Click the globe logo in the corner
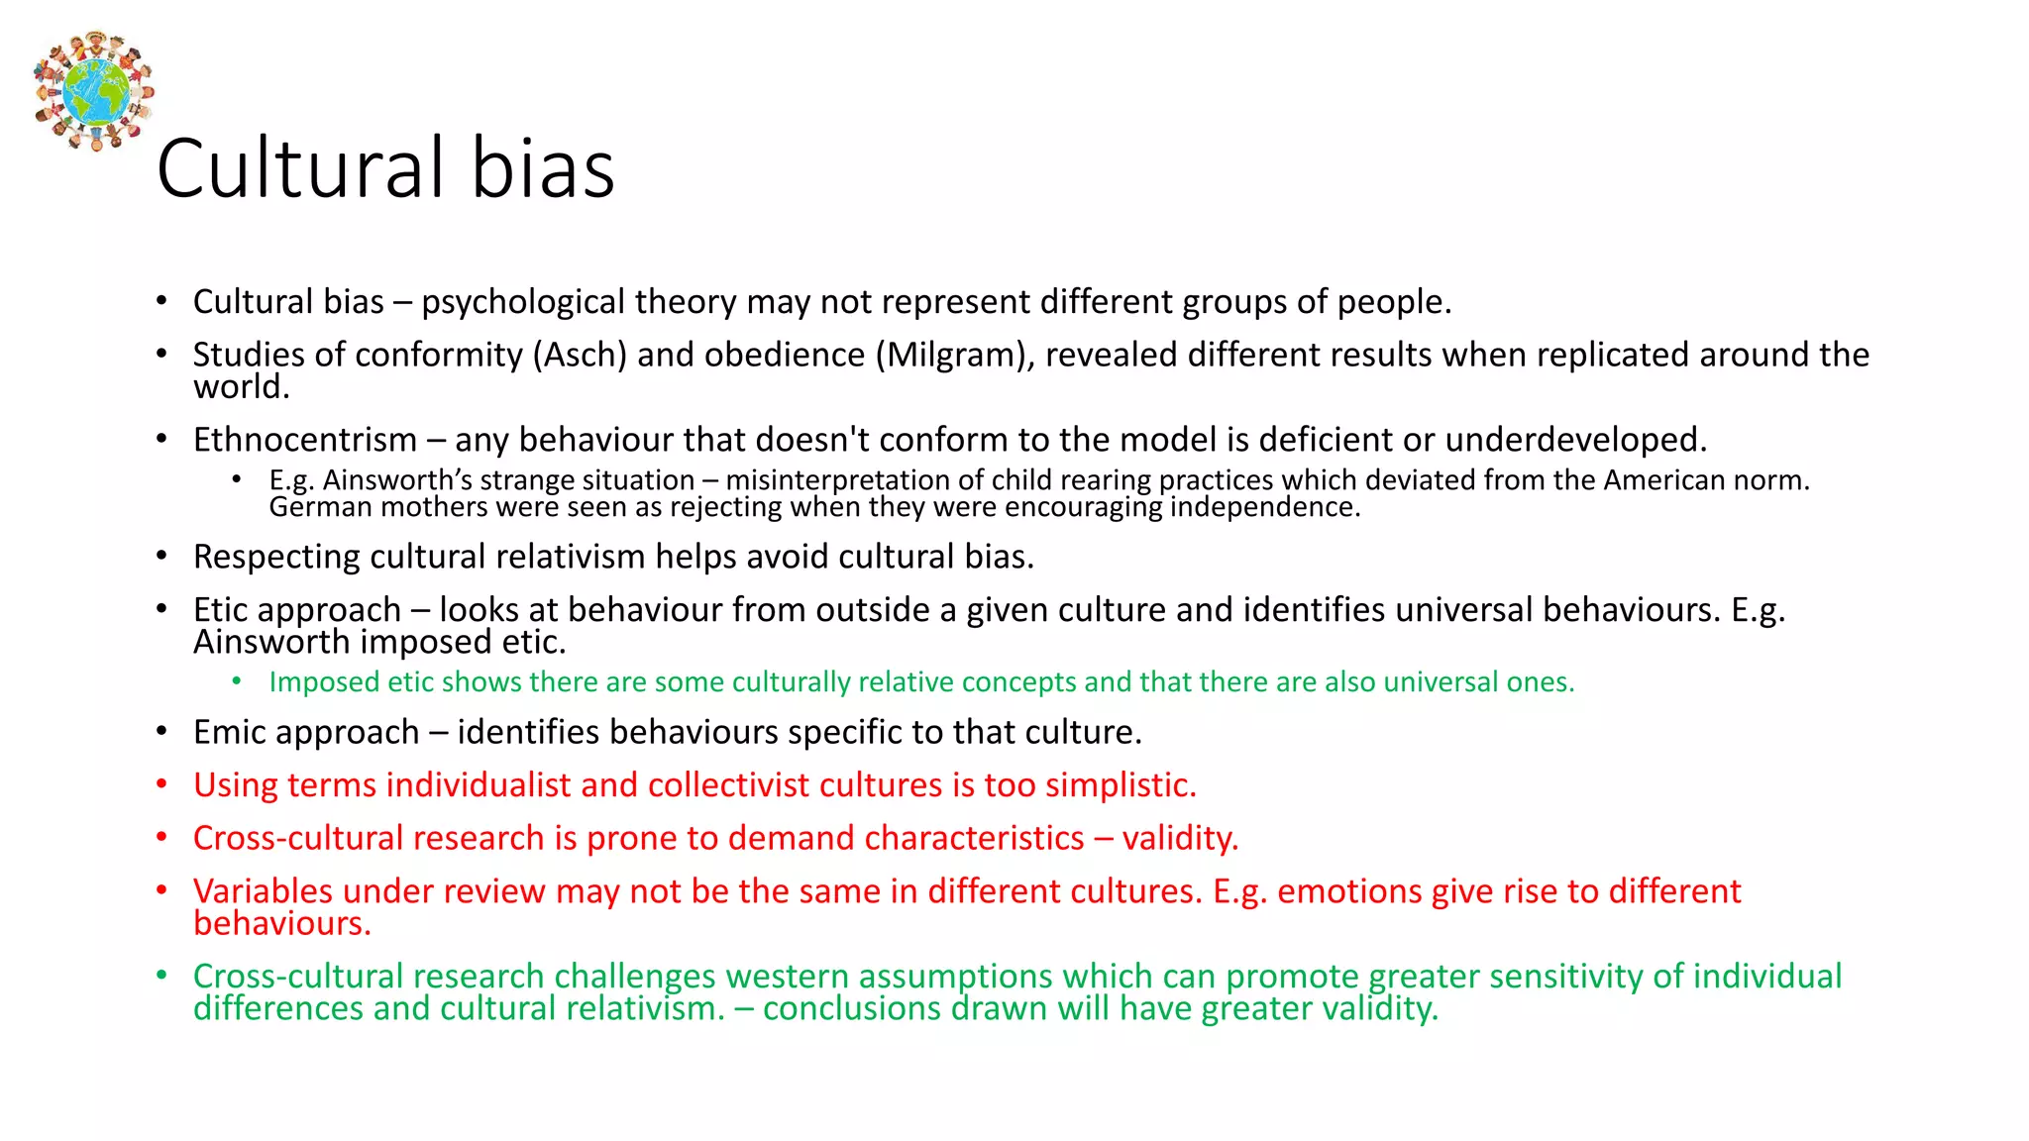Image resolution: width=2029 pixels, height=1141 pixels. [x=94, y=90]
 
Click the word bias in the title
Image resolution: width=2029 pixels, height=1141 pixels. [x=542, y=168]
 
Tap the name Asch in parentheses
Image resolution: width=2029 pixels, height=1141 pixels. [x=580, y=355]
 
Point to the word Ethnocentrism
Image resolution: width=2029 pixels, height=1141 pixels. [x=305, y=440]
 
